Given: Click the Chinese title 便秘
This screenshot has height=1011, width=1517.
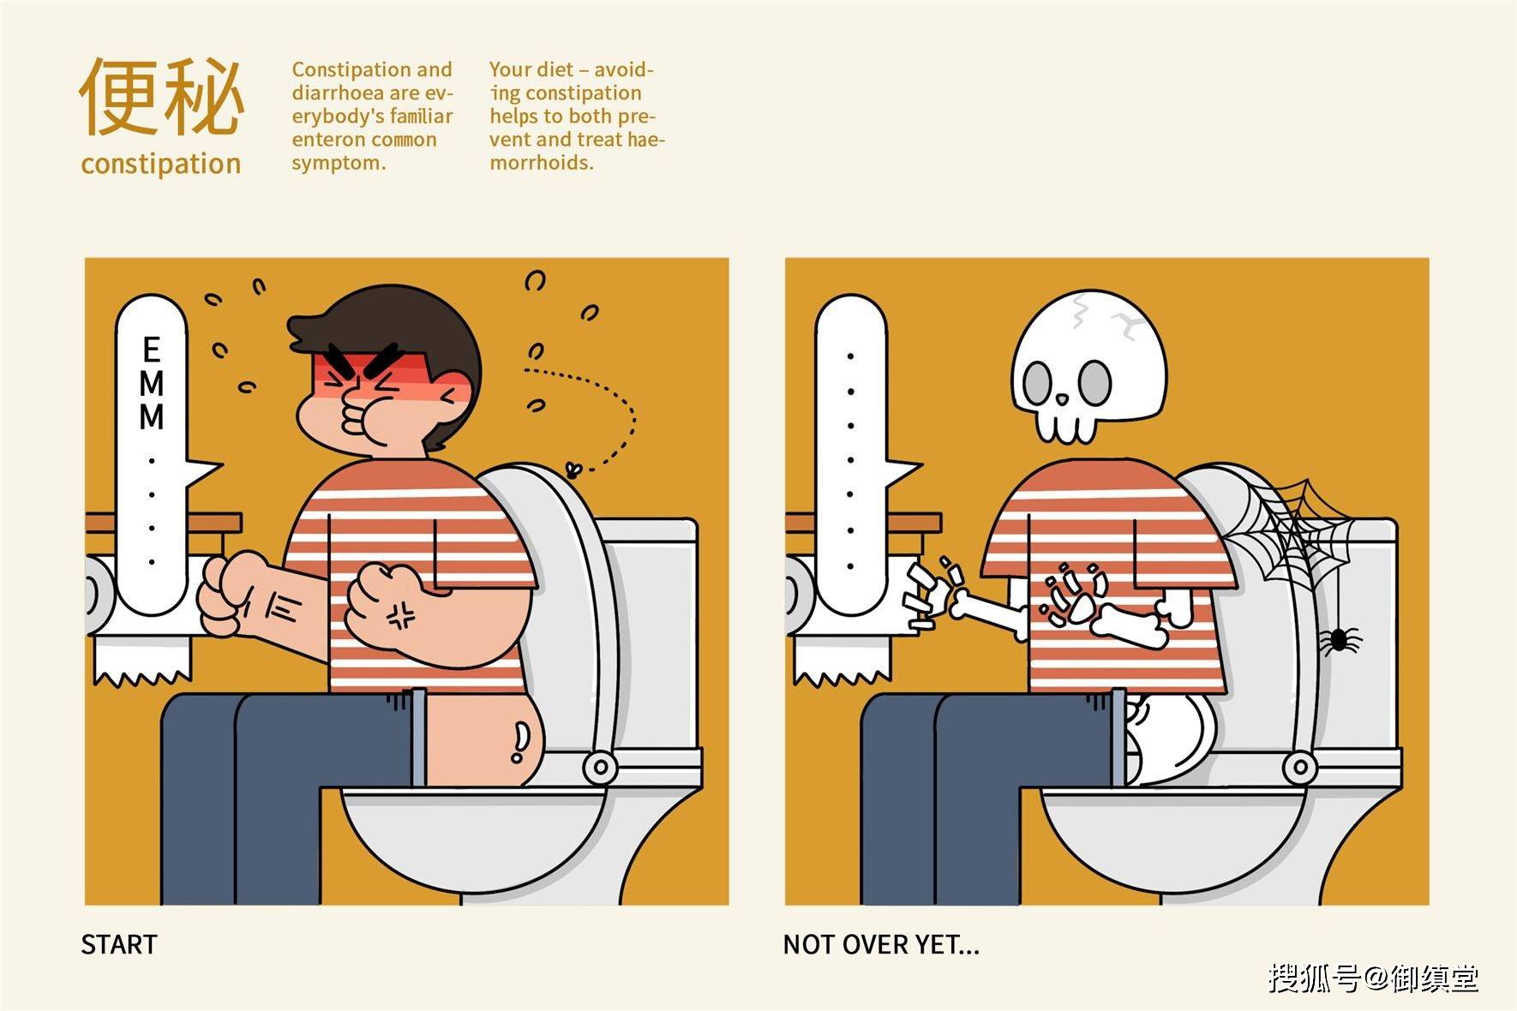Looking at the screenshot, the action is [x=161, y=96].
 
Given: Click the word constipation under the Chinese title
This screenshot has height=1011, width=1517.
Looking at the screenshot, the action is [x=161, y=164].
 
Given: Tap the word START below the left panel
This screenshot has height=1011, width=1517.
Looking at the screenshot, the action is [x=119, y=944].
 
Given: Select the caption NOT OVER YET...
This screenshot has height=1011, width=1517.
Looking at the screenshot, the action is [x=881, y=944].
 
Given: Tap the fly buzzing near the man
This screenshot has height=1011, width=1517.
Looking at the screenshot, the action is [x=573, y=469].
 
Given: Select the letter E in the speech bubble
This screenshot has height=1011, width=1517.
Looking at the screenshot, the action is [x=152, y=350].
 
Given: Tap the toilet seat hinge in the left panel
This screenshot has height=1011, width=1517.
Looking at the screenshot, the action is [x=600, y=766].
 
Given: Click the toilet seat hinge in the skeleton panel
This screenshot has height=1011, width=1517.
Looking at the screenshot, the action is [x=1299, y=766].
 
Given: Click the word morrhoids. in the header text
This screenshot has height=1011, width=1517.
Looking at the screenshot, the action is [x=542, y=163].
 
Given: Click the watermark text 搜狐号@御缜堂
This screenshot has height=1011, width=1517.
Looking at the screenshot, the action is [x=1373, y=978].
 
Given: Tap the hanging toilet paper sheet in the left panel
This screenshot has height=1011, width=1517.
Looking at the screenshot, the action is [x=142, y=660].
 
